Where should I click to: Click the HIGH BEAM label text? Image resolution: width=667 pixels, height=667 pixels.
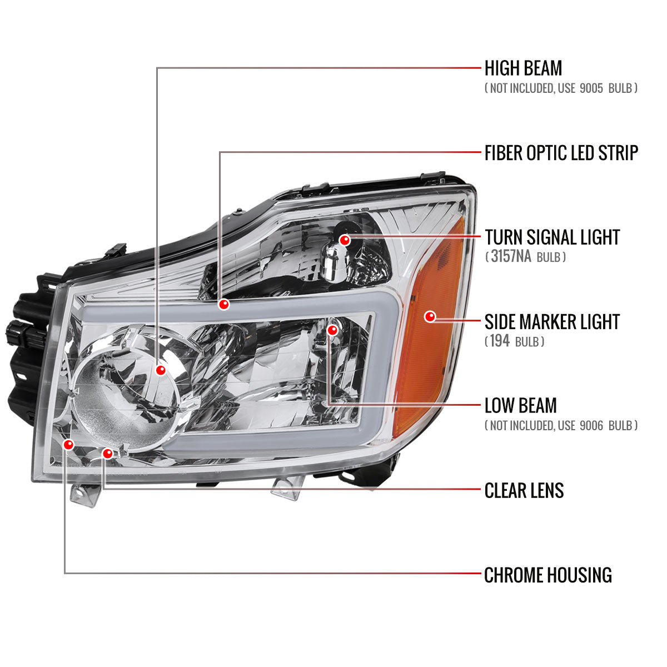[x=523, y=68]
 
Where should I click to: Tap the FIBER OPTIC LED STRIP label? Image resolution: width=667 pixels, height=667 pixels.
[x=561, y=153]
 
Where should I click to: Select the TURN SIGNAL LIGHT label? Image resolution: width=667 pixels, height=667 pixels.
[x=551, y=237]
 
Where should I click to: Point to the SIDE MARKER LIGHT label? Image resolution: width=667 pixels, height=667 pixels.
[x=551, y=322]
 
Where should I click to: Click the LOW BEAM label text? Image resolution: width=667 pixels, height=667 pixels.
[x=520, y=406]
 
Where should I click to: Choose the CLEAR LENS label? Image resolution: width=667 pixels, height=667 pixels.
[x=524, y=490]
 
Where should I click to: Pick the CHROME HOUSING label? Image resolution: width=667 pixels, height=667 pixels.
[x=547, y=575]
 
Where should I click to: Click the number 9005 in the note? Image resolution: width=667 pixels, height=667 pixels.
[x=590, y=88]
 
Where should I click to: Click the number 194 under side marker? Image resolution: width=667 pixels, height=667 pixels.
[x=500, y=341]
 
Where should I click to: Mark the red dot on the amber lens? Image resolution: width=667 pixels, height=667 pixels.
[x=430, y=317]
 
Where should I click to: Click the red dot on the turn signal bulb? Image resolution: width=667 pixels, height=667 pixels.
[x=345, y=240]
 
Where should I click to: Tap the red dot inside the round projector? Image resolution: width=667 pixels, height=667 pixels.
[x=161, y=370]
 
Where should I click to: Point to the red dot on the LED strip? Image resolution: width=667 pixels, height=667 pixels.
[x=224, y=304]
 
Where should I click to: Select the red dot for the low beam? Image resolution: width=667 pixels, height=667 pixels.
[x=332, y=330]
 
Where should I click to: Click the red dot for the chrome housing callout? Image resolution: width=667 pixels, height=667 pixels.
[x=69, y=445]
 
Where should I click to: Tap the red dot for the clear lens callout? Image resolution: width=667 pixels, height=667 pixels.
[x=108, y=454]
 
